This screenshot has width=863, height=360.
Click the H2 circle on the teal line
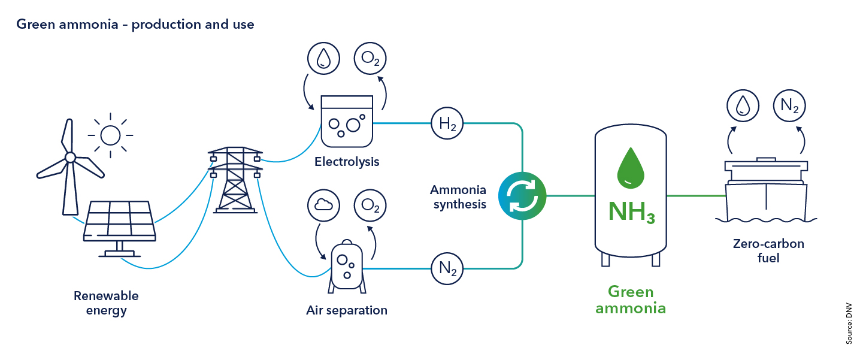tap(447, 123)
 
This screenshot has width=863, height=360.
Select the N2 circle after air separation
tap(447, 267)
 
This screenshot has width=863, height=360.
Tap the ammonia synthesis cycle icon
tap(522, 195)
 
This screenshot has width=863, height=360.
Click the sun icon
tap(110, 135)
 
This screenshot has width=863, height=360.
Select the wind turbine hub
tap(70, 158)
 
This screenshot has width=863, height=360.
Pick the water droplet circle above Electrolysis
tap(323, 59)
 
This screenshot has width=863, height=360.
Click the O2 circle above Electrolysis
tap(370, 59)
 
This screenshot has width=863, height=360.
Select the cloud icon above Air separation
tap(323, 205)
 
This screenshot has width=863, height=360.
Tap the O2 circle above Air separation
tap(370, 205)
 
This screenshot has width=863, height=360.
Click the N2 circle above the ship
tap(789, 107)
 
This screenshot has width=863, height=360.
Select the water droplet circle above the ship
tap(743, 107)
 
